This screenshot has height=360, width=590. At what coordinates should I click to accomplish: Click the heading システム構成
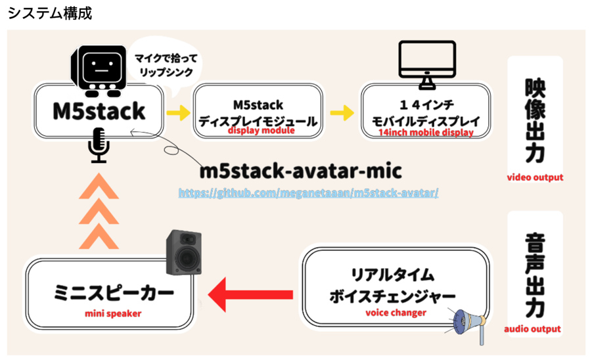pos(50,13)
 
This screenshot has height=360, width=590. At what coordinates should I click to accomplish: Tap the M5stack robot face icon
pos(99,70)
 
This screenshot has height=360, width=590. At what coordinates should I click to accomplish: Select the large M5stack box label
pos(99,111)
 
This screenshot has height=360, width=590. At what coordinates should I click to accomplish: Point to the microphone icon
pos(99,145)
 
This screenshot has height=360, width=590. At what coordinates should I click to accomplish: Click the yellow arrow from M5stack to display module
pos(179,112)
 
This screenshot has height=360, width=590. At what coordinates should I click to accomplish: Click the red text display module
pos(261,131)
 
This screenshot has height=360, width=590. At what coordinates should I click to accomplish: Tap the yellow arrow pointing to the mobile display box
pos(342,112)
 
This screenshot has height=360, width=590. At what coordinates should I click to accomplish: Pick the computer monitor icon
pos(427,64)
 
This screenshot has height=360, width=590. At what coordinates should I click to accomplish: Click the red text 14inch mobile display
pos(426,133)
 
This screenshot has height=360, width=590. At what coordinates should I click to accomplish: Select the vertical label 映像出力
pos(535,120)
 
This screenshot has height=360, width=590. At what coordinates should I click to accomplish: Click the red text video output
pos(535,177)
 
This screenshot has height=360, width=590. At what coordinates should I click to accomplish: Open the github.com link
pos(309,193)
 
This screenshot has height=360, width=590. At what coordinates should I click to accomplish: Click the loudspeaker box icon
pos(184,252)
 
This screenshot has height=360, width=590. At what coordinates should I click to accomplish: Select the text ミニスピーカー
pos(114,293)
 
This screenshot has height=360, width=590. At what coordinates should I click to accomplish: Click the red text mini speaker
pos(113,313)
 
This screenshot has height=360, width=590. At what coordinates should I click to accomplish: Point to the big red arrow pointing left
pos(250,294)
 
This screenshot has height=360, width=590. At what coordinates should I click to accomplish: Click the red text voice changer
pos(396,313)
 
